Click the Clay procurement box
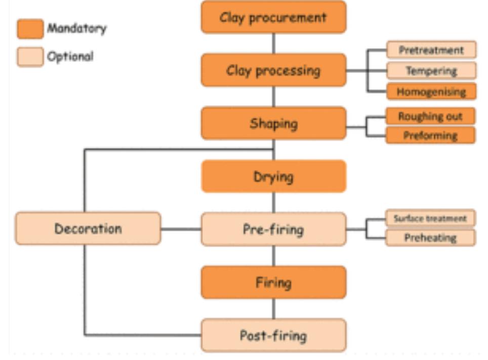pos(273,17)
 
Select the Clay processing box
pos(273,70)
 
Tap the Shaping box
pos(273,124)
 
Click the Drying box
pos(273,177)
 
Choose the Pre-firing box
pos(273,229)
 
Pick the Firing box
pos(273,283)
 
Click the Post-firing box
pos(273,335)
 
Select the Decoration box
pos(88,229)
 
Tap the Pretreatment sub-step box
pos(431,50)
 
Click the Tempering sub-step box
pos(431,71)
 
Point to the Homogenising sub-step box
pos(431,92)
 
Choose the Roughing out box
pos(430,116)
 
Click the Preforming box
pos(430,136)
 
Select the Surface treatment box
pos(430,219)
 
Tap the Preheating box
pos(430,238)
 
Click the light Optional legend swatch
pos(30,57)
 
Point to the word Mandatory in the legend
pos(77,28)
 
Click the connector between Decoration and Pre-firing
pos(181,229)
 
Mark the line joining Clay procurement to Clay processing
pos(274,44)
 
